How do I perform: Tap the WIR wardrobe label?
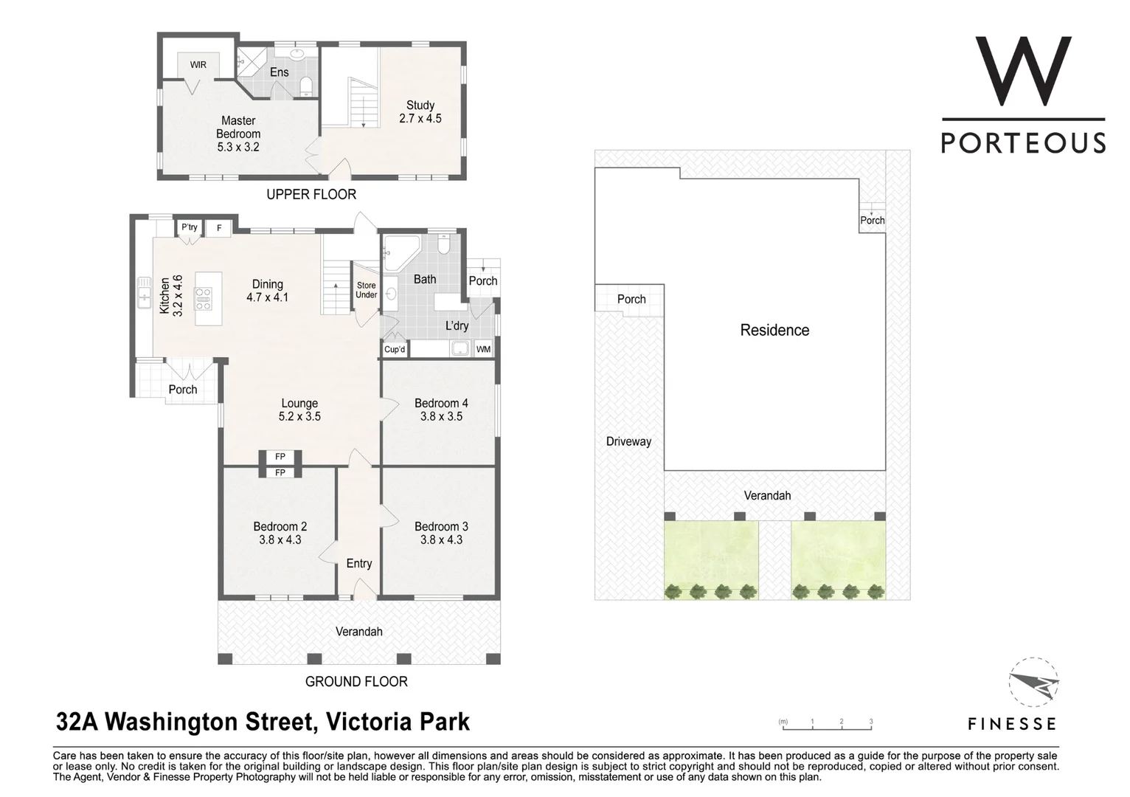(x=198, y=65)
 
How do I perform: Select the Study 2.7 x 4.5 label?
(x=420, y=111)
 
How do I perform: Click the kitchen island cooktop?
(x=203, y=299)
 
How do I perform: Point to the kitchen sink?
(x=144, y=294)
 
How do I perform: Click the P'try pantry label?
(x=190, y=227)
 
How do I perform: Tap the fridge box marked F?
(x=219, y=228)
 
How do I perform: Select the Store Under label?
(x=366, y=290)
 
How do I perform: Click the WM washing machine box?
(x=483, y=349)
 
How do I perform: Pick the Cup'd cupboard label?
(x=395, y=349)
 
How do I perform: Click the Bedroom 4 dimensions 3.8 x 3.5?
(x=441, y=416)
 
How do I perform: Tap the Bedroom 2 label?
(x=280, y=526)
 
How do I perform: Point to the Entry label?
(x=359, y=563)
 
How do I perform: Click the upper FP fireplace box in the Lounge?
(x=280, y=457)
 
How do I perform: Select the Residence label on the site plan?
(x=774, y=330)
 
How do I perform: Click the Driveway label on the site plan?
(x=628, y=441)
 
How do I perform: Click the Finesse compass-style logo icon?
(x=1033, y=682)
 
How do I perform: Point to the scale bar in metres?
(x=827, y=727)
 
